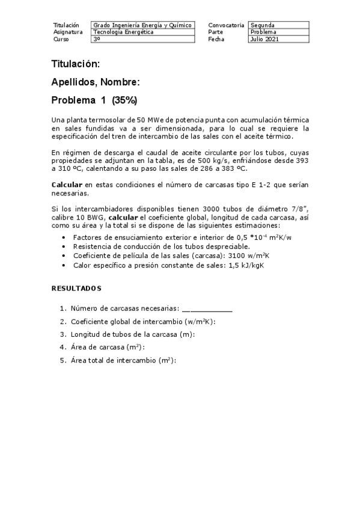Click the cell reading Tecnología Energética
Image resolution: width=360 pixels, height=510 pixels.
click(143, 32)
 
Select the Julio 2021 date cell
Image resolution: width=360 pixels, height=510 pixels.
click(279, 39)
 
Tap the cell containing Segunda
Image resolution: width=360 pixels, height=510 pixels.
click(279, 25)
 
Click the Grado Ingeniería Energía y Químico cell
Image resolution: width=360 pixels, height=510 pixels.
click(143, 25)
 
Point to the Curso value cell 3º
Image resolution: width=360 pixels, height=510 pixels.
click(143, 39)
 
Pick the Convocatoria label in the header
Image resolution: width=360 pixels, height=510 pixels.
click(226, 25)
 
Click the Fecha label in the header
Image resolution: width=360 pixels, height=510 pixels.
click(215, 39)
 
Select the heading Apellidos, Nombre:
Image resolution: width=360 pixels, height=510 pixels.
click(96, 82)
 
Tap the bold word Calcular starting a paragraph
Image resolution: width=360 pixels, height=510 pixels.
click(66, 185)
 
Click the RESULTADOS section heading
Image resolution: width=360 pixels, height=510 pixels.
click(76, 289)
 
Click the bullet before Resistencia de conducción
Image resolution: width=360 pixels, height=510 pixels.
click(64, 247)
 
